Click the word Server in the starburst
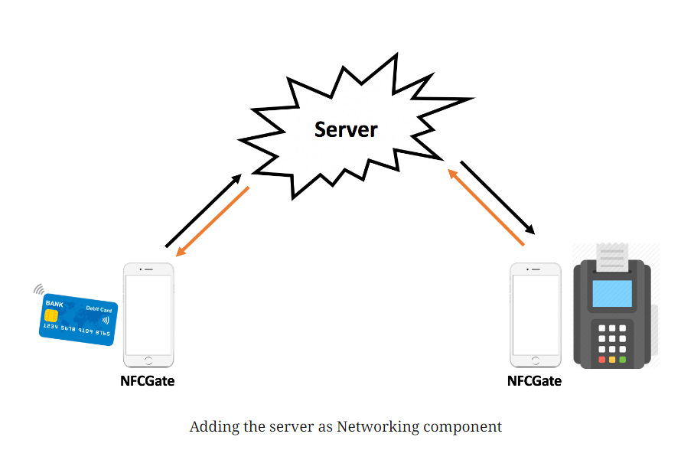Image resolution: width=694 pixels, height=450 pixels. tap(346, 129)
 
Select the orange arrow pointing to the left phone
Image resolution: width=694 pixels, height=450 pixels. tap(213, 222)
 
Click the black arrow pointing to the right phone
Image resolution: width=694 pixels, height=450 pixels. tap(497, 197)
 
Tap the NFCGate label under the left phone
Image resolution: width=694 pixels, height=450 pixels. tap(148, 380)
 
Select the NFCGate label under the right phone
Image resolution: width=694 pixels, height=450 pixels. tap(535, 380)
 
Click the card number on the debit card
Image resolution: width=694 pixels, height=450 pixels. tap(76, 330)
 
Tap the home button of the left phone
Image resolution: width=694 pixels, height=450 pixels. tap(148, 360)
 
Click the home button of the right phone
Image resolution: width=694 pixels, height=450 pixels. tap(535, 360)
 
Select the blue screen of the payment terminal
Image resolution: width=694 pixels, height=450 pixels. tap(613, 293)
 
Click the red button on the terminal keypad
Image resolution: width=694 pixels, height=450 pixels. tap(601, 359)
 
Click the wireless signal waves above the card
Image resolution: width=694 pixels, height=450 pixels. tap(37, 289)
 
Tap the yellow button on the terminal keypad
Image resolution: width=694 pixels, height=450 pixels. tap(611, 359)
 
